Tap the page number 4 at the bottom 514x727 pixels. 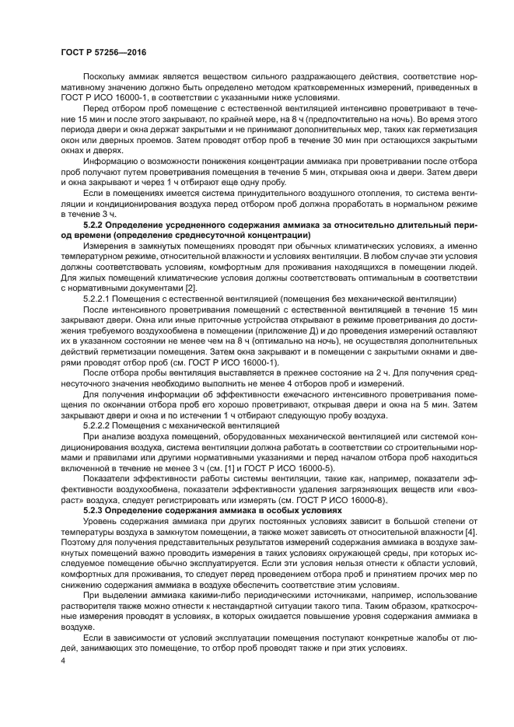point(63,660)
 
